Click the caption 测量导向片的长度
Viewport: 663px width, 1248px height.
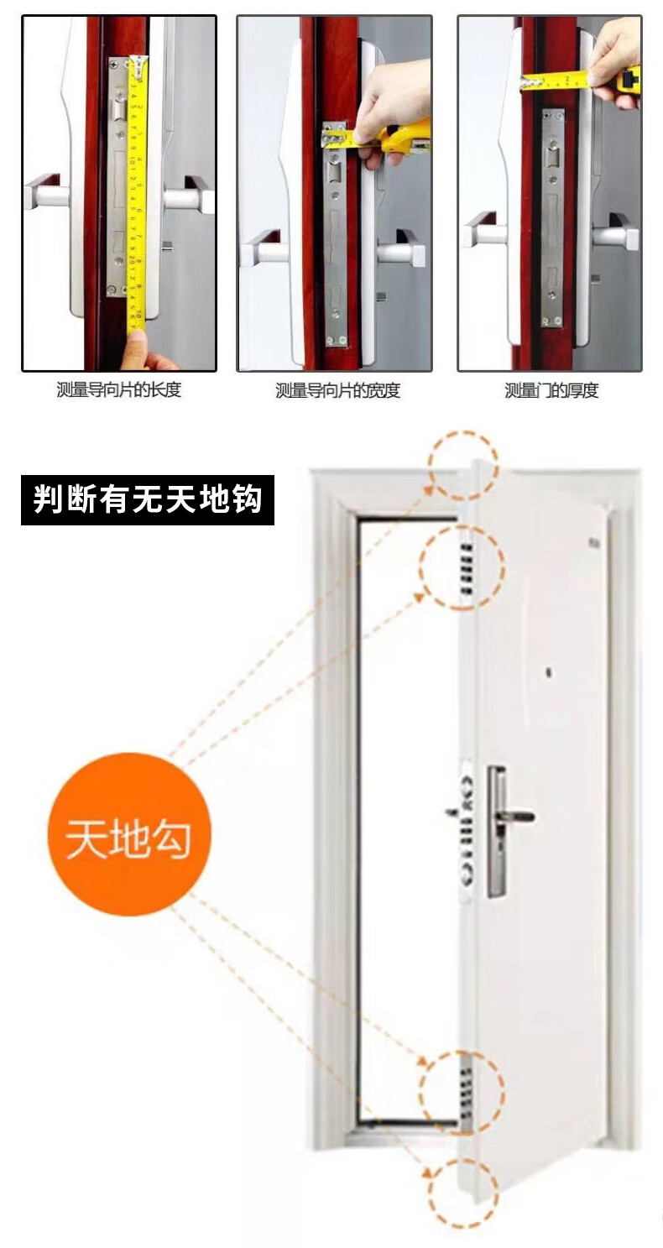(x=118, y=389)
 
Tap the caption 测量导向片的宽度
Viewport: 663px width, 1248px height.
(x=337, y=390)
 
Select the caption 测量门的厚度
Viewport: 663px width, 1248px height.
(x=551, y=390)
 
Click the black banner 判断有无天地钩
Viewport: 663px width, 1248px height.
(x=148, y=499)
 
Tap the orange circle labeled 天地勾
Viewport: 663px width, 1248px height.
(x=128, y=834)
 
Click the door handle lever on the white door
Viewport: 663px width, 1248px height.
(x=515, y=817)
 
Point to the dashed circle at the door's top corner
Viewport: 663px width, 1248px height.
(x=463, y=465)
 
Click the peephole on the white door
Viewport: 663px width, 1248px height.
(x=550, y=673)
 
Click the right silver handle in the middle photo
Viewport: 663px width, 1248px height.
(x=402, y=248)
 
